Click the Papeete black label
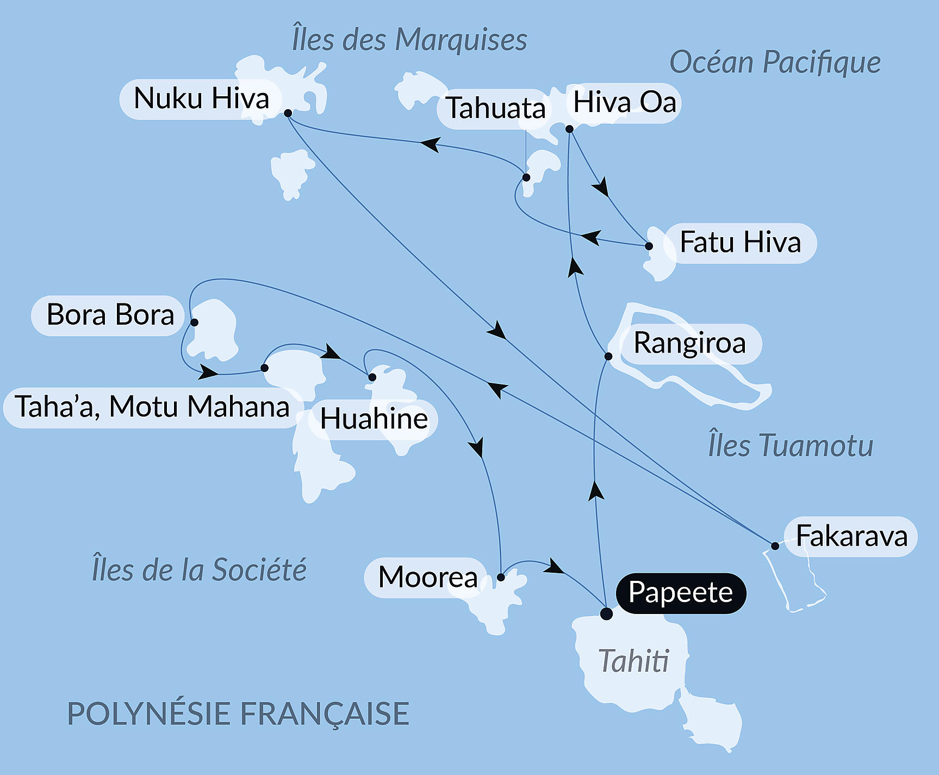(x=680, y=593)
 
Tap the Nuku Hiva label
(x=201, y=99)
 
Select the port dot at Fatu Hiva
(x=649, y=246)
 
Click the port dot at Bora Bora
(x=194, y=322)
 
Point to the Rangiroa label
(x=689, y=344)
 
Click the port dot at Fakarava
(x=775, y=545)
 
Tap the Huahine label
(x=374, y=419)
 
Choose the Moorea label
(x=427, y=578)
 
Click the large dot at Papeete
(x=606, y=614)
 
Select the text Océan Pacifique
(x=775, y=63)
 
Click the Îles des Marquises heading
(x=409, y=40)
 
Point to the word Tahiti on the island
(x=633, y=661)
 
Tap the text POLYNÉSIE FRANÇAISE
(x=238, y=714)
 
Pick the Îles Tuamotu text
(x=791, y=445)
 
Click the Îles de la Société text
(x=199, y=570)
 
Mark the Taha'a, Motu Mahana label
(x=152, y=407)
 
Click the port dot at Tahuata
(x=526, y=177)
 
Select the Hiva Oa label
(x=624, y=103)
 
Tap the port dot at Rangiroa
(x=608, y=356)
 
